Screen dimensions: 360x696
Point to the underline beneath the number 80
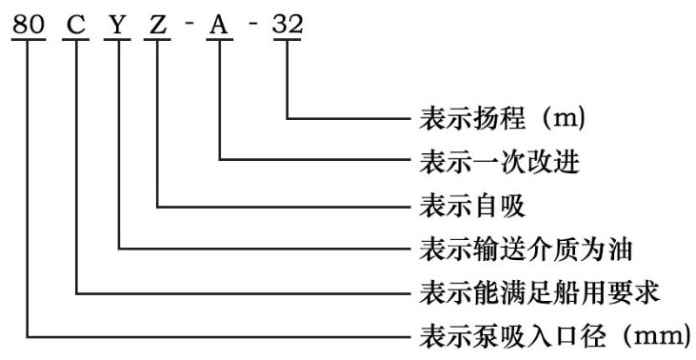click(30, 37)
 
